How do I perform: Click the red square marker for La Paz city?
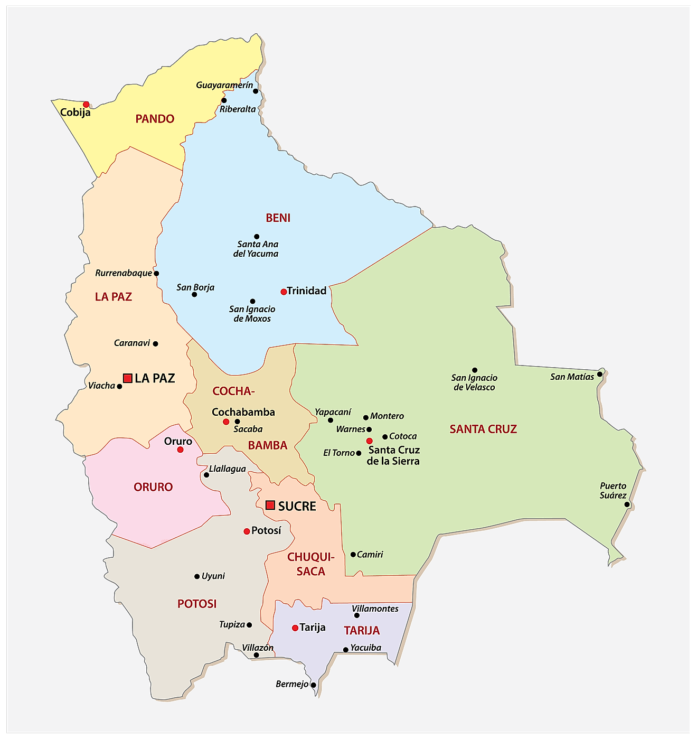point(127,378)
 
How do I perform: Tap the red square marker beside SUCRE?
point(270,505)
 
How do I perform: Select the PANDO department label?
point(155,119)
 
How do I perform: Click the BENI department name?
point(278,218)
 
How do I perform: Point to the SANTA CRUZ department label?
point(483,429)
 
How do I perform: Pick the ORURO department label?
point(153,487)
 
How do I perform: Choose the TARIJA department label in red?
point(362,630)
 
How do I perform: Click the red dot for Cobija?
point(86,105)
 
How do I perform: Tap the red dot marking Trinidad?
point(284,292)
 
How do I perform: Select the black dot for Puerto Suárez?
point(627,504)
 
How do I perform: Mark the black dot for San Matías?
point(599,375)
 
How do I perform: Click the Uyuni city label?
point(213,576)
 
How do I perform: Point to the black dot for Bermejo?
point(313,685)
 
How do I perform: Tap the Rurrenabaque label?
point(124,273)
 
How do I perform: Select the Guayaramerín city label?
point(224,85)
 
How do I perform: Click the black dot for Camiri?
point(353,555)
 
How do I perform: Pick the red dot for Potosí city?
point(247,531)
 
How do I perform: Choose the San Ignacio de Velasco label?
point(474,382)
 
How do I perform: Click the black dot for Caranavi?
point(155,343)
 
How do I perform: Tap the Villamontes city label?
point(375,609)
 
